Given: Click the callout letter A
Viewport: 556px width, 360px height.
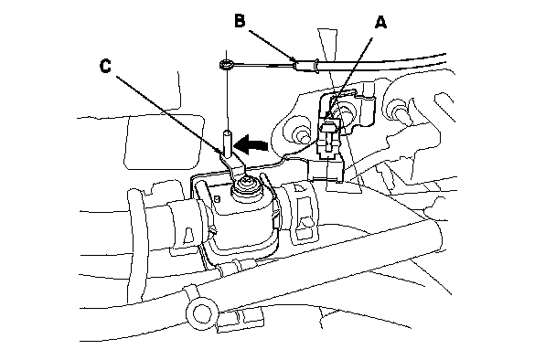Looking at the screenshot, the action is pyautogui.click(x=380, y=23).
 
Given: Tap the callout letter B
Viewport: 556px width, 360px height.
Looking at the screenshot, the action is pyautogui.click(x=240, y=20).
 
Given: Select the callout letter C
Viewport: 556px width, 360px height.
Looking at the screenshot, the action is pyautogui.click(x=105, y=66).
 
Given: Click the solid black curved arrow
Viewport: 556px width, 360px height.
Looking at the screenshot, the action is pyautogui.click(x=251, y=143).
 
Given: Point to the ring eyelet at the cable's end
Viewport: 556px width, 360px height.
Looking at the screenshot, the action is pyautogui.click(x=225, y=64).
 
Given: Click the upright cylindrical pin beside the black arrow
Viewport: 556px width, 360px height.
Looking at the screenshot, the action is pyautogui.click(x=227, y=143).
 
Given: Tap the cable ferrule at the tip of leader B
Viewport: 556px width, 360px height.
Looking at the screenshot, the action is pyautogui.click(x=306, y=66).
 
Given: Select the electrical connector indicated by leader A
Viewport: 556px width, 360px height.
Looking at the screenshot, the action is pyautogui.click(x=329, y=139).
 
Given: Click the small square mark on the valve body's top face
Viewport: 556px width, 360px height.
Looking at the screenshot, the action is pyautogui.click(x=218, y=199).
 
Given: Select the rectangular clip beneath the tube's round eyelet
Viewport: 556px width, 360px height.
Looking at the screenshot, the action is pyautogui.click(x=241, y=320).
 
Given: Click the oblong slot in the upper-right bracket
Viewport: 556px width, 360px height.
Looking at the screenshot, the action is pyautogui.click(x=444, y=105).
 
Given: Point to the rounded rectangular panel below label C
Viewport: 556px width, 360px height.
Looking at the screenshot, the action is pyautogui.click(x=164, y=142).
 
